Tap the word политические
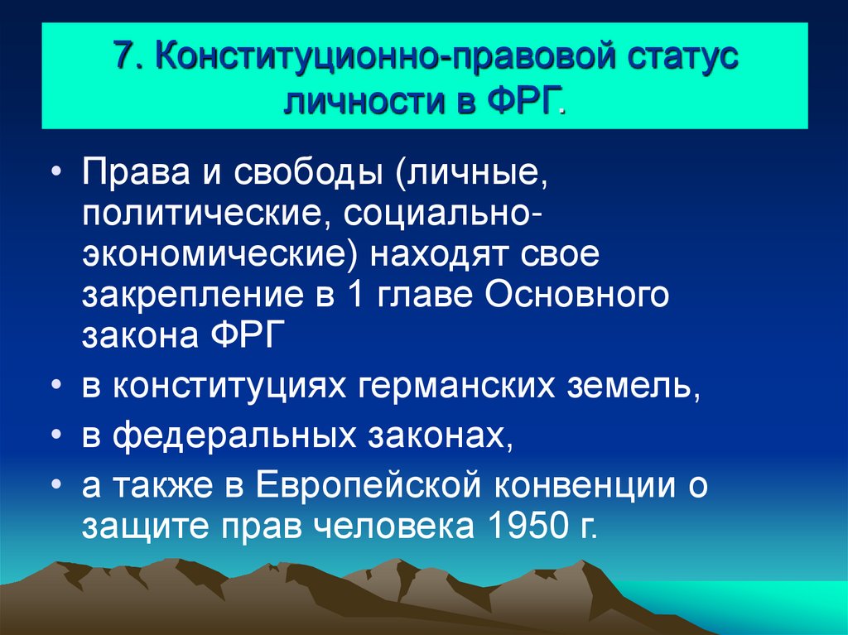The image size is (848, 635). (200, 215)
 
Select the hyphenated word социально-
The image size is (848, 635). (438, 215)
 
